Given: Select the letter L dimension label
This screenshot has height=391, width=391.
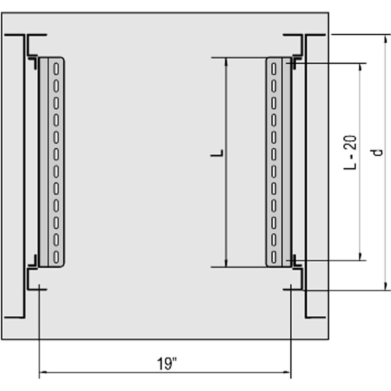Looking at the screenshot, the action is click(x=217, y=153).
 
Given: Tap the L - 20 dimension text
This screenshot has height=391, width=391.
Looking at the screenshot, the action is click(x=350, y=153).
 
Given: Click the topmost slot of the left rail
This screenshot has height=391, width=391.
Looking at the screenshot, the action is click(x=56, y=69).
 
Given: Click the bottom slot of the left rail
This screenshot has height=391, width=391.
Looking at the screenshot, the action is click(x=56, y=257).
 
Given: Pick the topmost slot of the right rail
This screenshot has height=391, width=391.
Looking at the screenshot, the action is click(x=274, y=69).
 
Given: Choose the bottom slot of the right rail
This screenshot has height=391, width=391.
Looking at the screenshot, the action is click(x=274, y=257).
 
